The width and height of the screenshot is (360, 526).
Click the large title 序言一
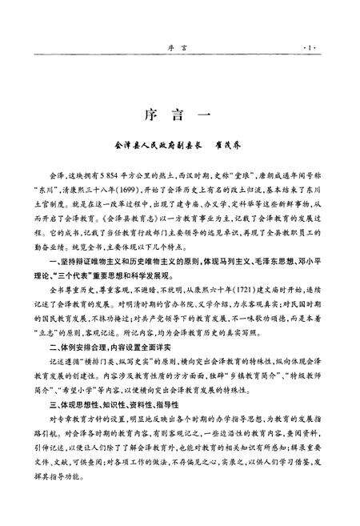point(178,113)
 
